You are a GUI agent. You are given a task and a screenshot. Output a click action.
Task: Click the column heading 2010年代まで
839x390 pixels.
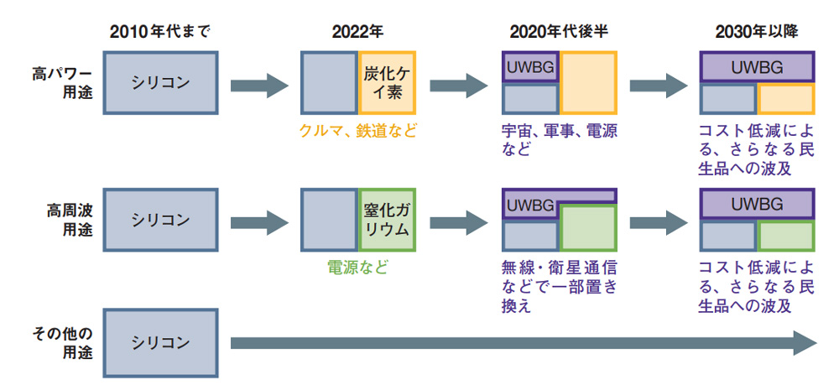coord(160,32)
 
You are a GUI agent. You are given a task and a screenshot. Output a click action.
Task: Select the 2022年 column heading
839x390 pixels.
coord(357,32)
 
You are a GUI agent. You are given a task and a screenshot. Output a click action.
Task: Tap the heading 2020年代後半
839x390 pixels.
coord(559,32)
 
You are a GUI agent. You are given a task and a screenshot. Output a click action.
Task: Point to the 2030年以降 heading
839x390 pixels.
coord(757,32)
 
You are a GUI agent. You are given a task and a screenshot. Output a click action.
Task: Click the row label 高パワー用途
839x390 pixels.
coord(62,83)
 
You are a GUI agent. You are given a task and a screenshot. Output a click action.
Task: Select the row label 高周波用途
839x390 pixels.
coord(70,221)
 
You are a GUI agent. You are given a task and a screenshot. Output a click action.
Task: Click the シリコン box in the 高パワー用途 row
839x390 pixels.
coord(160,83)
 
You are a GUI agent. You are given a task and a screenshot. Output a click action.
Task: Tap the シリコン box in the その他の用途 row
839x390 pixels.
coord(160,343)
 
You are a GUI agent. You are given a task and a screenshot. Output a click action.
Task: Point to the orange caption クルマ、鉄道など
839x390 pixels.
coord(358,131)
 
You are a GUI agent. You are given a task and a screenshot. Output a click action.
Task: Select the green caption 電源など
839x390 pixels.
coord(357,267)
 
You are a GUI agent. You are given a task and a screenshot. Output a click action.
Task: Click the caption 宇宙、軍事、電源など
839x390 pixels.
coord(560,139)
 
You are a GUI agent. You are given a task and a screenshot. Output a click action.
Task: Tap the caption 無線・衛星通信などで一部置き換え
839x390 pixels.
coord(560,287)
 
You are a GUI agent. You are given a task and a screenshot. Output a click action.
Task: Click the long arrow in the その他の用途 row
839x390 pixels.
coord(524,343)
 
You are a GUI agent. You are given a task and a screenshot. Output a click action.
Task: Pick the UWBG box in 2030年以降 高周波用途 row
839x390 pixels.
coord(757,204)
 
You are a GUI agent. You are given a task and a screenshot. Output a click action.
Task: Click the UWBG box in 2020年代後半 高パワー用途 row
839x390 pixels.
coord(530,67)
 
